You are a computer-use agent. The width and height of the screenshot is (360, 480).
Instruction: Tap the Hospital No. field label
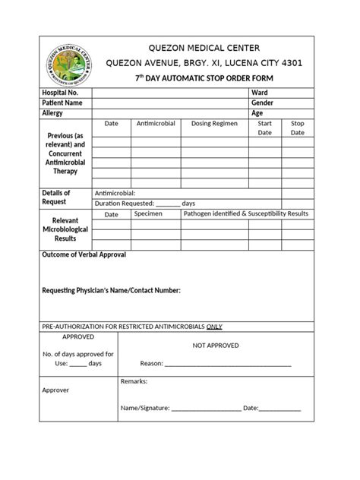(x=60, y=92)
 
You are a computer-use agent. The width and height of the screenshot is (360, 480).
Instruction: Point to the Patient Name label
(x=62, y=103)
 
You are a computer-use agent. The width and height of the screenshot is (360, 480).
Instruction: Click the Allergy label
(x=52, y=113)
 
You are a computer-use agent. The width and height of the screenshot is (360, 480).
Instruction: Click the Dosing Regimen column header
(x=214, y=123)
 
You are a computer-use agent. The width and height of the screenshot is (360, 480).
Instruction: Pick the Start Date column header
(x=264, y=128)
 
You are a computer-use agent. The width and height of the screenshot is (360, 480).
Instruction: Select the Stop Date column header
(x=298, y=128)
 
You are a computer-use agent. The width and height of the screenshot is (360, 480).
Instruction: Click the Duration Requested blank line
(x=169, y=204)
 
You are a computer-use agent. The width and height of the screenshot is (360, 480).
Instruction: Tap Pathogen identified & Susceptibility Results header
(x=246, y=214)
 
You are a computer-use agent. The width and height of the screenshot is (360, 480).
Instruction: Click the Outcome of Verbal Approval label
(x=84, y=254)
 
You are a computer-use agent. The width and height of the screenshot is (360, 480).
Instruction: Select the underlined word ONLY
(x=214, y=327)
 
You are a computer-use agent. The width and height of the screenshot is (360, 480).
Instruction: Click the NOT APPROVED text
(x=216, y=346)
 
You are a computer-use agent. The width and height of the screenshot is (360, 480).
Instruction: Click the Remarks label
(x=134, y=381)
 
